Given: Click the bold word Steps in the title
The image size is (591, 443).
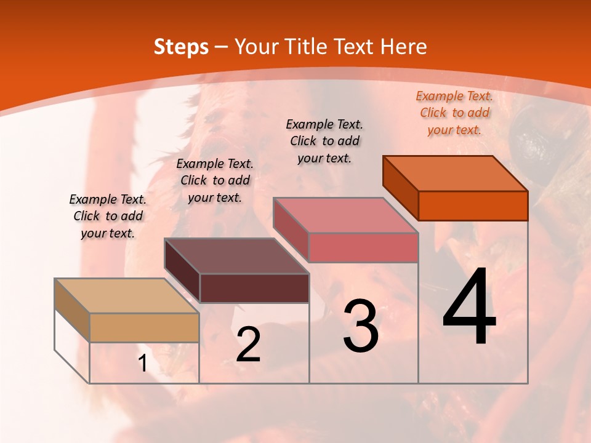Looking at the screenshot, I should click(181, 47).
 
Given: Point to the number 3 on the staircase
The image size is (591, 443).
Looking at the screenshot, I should click(361, 326).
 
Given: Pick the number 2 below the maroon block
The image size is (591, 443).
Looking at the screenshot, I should click(248, 345).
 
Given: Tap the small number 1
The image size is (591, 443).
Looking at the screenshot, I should click(142, 364).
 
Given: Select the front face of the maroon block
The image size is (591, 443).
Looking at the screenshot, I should click(254, 288).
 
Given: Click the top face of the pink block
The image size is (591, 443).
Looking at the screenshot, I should click(345, 215).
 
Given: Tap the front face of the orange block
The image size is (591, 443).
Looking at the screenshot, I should click(473, 206).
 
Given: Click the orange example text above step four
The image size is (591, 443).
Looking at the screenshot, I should click(454, 113).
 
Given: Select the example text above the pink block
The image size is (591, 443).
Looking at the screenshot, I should click(324, 141).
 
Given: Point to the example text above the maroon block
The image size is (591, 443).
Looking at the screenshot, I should click(215, 180).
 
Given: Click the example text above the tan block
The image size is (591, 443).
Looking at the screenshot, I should click(108, 216).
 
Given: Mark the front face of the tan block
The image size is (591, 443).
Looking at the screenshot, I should click(144, 327).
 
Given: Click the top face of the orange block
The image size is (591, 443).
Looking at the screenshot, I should click(456, 173).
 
